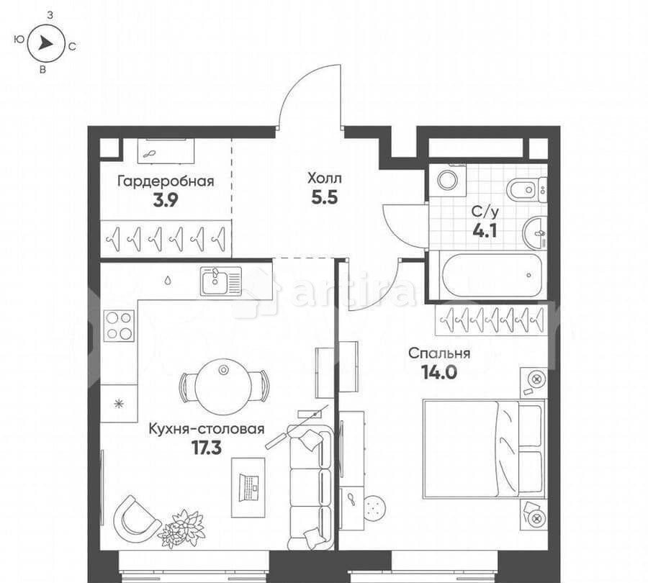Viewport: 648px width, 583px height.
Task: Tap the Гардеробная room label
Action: click(x=166, y=181)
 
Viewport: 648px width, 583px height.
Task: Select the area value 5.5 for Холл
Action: click(x=325, y=198)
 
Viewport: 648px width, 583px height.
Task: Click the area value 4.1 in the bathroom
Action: click(x=485, y=231)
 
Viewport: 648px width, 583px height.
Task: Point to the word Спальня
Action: click(x=439, y=353)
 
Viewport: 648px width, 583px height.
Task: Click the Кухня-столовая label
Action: click(x=207, y=429)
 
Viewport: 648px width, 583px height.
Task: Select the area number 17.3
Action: click(x=207, y=448)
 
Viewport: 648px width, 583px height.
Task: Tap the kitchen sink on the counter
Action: click(x=221, y=281)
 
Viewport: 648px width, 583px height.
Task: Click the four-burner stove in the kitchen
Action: click(x=119, y=325)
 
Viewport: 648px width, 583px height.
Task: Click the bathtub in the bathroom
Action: click(x=491, y=275)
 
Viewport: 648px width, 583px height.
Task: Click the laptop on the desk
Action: click(x=249, y=487)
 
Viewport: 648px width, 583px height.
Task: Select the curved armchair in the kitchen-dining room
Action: click(x=136, y=519)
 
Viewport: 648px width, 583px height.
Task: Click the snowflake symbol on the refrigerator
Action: click(x=119, y=404)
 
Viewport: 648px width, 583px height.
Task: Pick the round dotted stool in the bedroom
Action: click(x=375, y=508)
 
